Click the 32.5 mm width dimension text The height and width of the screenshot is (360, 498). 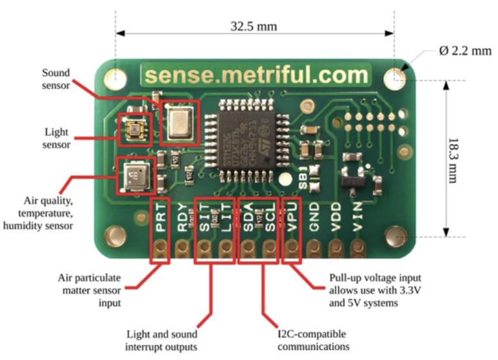pos(254,27)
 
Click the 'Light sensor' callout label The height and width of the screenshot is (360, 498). pos(56,138)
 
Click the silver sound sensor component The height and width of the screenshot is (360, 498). pos(180,122)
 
